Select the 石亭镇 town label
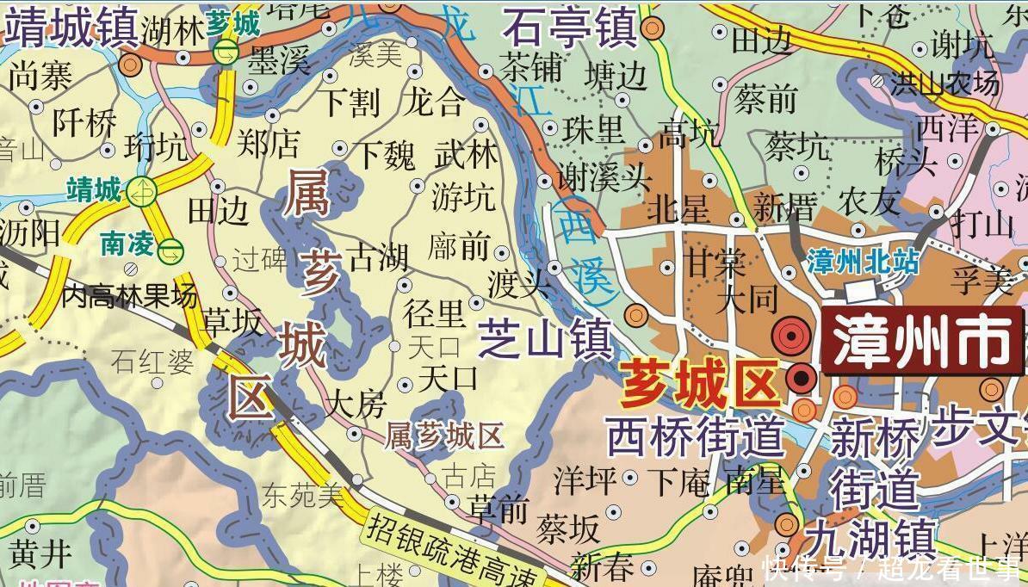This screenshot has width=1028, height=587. click(x=570, y=28)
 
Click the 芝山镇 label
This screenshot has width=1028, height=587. click(x=544, y=337)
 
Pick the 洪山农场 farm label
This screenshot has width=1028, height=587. click(x=945, y=83)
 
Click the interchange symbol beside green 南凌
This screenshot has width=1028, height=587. click(x=171, y=250)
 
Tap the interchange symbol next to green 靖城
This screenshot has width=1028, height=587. click(x=141, y=190)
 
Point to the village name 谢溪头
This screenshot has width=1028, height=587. click(x=604, y=179)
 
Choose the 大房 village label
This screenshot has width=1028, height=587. click(x=358, y=404)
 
